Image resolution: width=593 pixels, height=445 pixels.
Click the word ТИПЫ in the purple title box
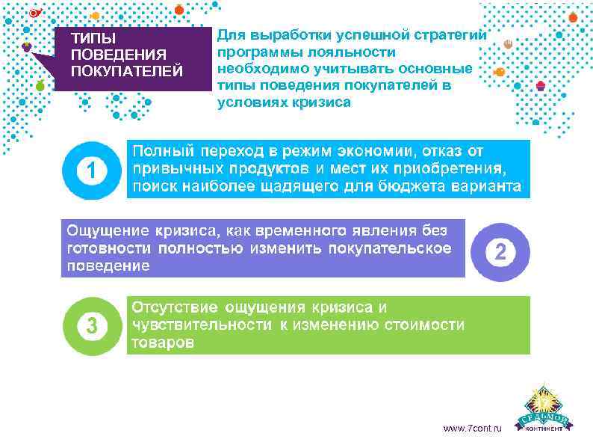88,38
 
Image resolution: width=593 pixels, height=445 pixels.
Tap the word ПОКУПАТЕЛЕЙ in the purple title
125,72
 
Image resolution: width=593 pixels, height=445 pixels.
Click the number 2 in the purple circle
500,251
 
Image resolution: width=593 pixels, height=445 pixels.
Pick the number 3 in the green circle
91,326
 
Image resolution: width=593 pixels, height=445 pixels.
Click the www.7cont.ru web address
473,428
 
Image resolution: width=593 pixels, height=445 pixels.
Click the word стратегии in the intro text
453,36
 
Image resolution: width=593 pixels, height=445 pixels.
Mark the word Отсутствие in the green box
176,307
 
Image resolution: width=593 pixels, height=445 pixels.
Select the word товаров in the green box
164,343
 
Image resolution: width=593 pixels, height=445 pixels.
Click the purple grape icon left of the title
28,46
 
